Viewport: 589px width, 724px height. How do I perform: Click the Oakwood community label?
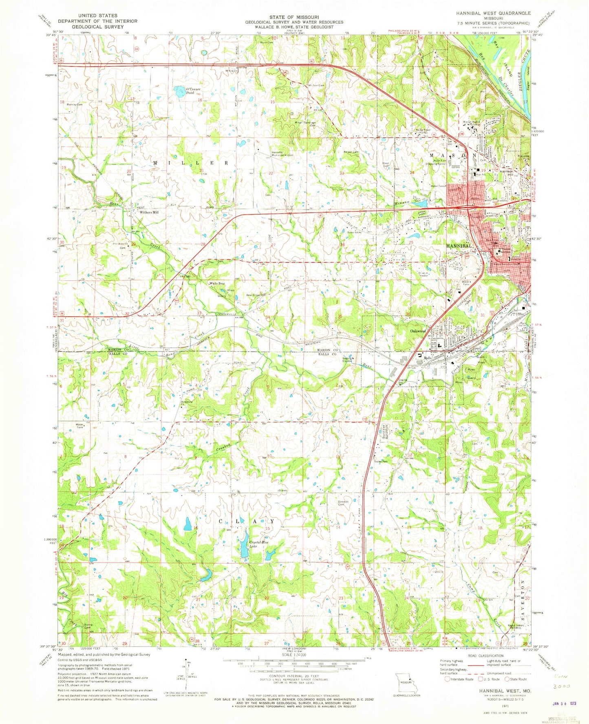(x=417, y=331)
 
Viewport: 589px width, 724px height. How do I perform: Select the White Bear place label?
(x=217, y=284)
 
